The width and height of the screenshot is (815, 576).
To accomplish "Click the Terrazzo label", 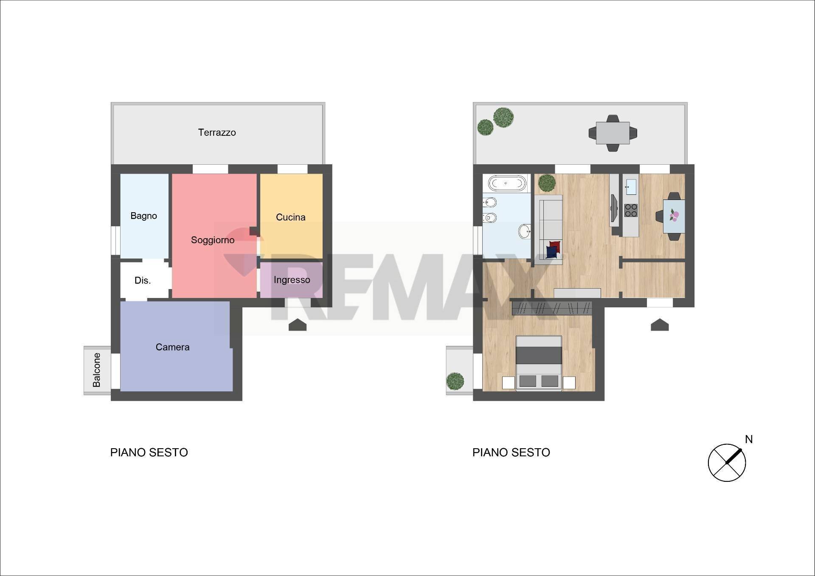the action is (217, 132).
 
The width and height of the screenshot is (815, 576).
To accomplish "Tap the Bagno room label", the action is (143, 216).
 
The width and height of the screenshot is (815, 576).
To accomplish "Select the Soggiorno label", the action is (213, 240).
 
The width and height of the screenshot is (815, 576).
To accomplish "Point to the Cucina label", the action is (291, 217).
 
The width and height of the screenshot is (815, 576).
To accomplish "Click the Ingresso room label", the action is (292, 280).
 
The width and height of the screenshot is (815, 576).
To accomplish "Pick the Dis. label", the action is (143, 281).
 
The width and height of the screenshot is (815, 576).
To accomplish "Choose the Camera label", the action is (172, 347).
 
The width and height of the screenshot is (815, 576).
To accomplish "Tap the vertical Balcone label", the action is (97, 370).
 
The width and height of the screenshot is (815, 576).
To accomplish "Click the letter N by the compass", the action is (749, 439).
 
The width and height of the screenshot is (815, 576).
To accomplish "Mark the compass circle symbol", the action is (727, 463).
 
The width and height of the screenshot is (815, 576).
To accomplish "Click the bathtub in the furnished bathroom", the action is (507, 183).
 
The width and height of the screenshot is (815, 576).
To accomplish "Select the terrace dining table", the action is (613, 133).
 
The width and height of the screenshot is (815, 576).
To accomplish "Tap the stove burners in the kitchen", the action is (631, 210).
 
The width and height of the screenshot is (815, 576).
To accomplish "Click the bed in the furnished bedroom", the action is (539, 363).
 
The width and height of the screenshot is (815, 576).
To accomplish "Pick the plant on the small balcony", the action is (455, 381).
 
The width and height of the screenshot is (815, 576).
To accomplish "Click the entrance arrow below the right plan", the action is (660, 325).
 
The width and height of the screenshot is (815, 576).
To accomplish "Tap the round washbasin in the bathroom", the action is (525, 232).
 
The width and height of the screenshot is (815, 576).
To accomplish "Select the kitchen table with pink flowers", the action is (674, 216).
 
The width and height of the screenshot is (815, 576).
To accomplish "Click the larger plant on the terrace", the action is (503, 117).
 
